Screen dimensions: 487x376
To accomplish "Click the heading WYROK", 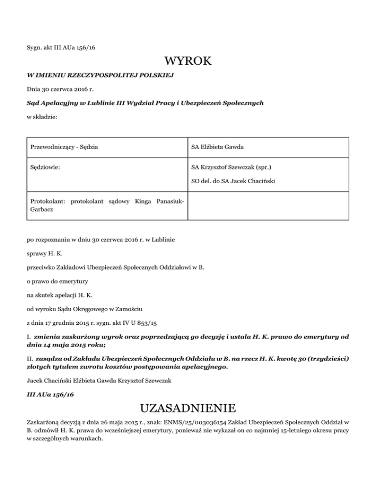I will (x=188, y=62).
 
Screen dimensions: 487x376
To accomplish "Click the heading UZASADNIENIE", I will (x=188, y=408).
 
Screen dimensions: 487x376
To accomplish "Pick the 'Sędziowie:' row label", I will (x=45, y=167).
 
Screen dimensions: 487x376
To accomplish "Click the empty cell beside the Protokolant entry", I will (x=268, y=206).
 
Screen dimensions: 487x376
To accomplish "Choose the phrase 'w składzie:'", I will (x=42, y=118).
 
